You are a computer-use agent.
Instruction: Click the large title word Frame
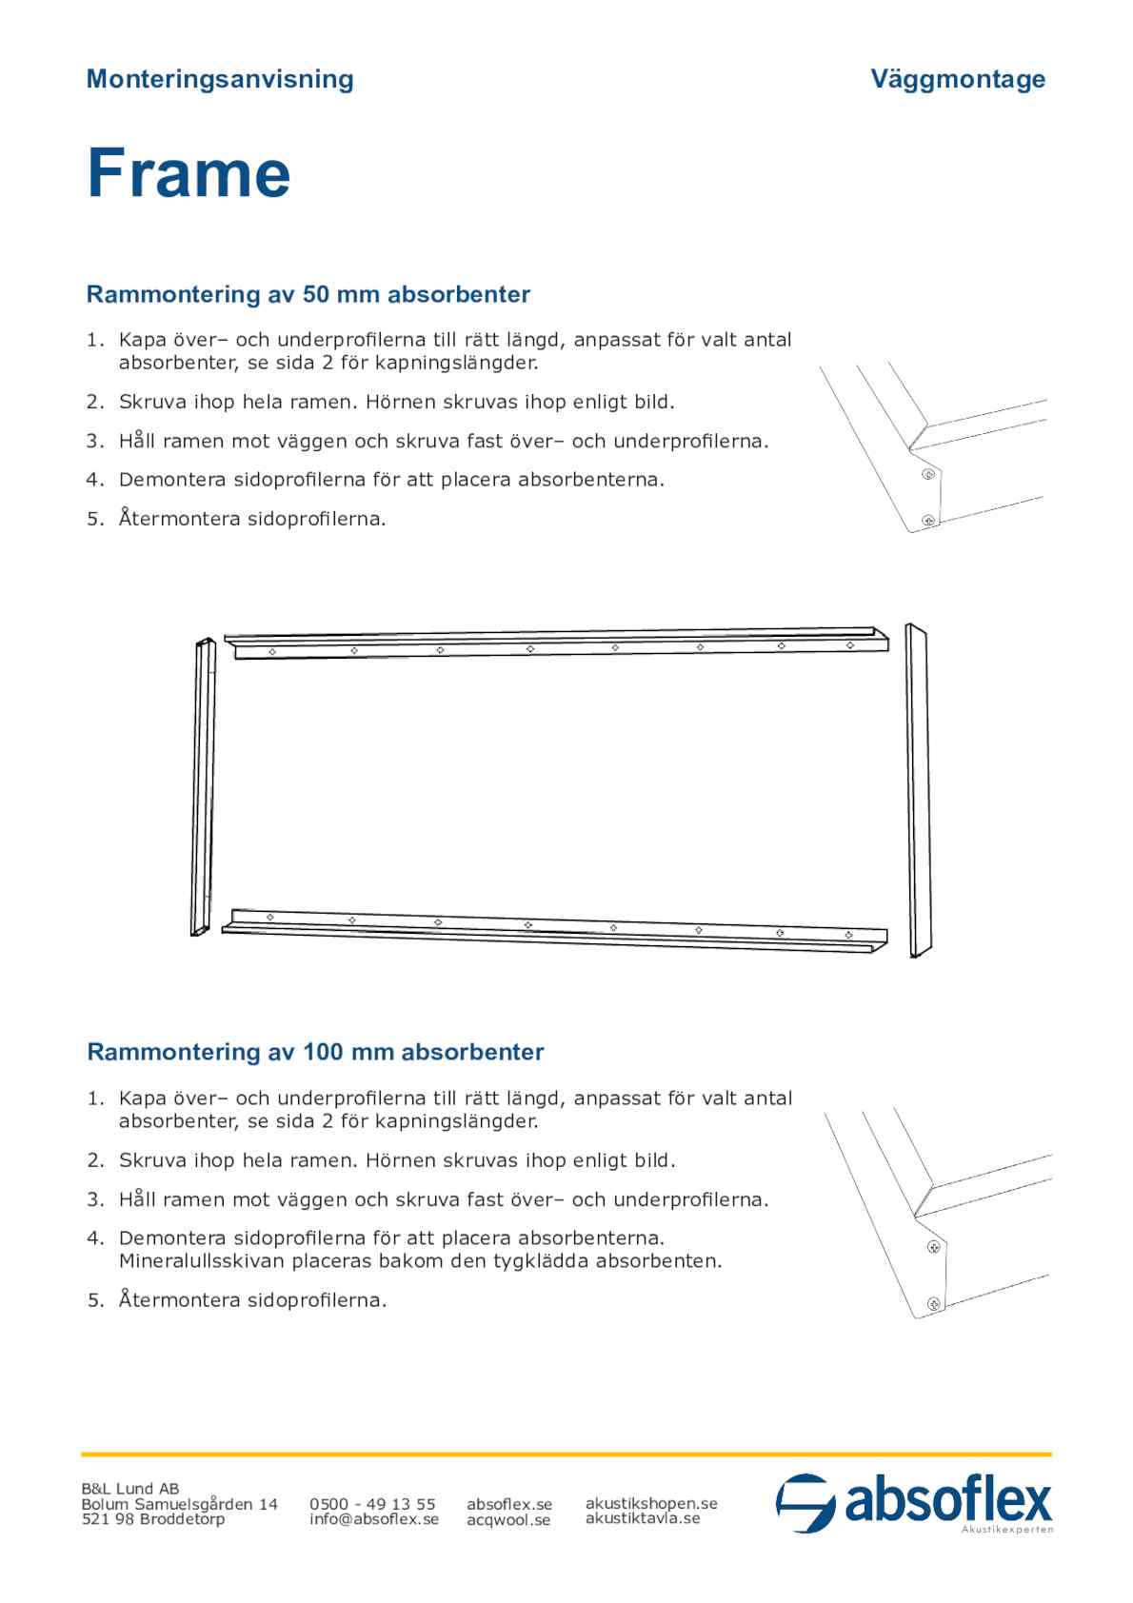pos(189,173)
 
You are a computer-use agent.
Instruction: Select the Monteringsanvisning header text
pos(220,79)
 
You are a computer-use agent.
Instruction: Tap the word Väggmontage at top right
pos(957,79)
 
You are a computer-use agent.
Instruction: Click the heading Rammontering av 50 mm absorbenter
pos(308,294)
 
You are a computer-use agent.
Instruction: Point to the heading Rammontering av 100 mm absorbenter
pos(315,1052)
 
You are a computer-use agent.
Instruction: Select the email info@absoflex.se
pos(373,1519)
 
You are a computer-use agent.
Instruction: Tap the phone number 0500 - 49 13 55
pos(372,1504)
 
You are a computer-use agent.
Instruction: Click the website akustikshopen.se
pos(651,1503)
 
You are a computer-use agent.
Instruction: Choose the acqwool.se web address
pos(508,1520)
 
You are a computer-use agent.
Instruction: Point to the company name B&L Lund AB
pos(129,1489)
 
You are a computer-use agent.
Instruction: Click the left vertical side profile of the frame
pos(203,786)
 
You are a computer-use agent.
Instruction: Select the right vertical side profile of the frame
pos(918,790)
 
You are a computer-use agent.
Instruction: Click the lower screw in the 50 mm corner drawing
pos(928,520)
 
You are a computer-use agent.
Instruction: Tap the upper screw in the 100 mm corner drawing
pos(935,1245)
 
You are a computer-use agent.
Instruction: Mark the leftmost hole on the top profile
pos(272,652)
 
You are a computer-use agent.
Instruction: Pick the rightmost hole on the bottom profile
pos(847,936)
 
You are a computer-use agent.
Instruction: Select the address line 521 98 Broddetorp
pos(153,1519)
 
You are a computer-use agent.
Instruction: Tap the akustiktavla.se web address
pos(643,1518)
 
